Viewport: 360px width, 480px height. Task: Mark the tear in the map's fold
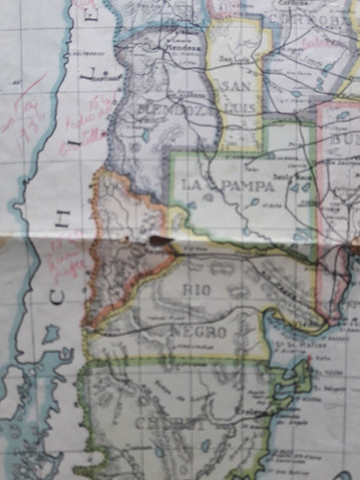(158, 240)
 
